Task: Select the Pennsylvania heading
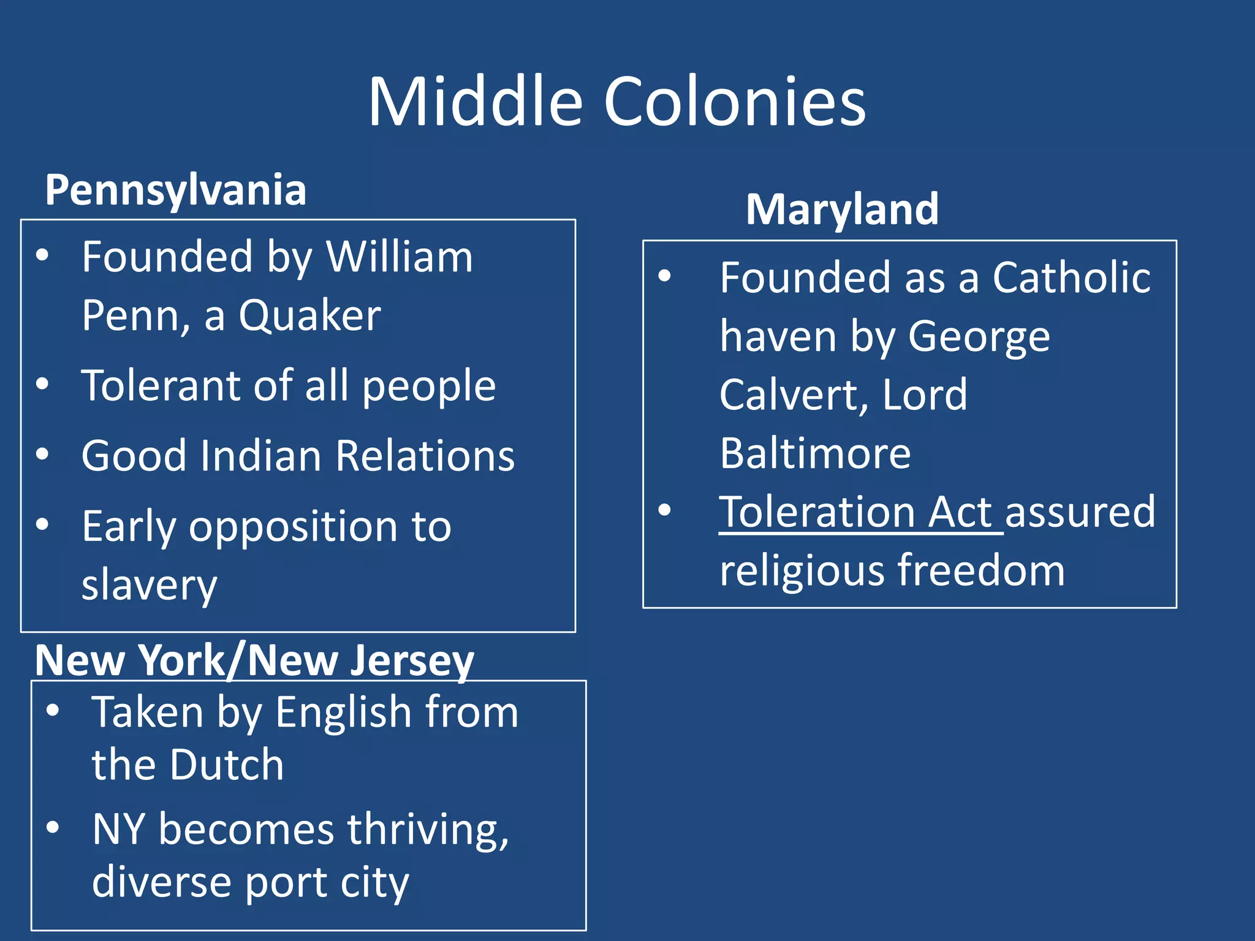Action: pos(176,190)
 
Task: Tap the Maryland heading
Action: pos(842,210)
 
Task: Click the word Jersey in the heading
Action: pos(412,660)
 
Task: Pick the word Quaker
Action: pos(309,316)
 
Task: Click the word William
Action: pos(399,256)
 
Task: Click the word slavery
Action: pos(149,585)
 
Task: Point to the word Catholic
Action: pos(1071,278)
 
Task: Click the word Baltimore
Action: pos(815,453)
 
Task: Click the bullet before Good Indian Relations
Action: pos(42,455)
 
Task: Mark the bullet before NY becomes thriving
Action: pos(53,828)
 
